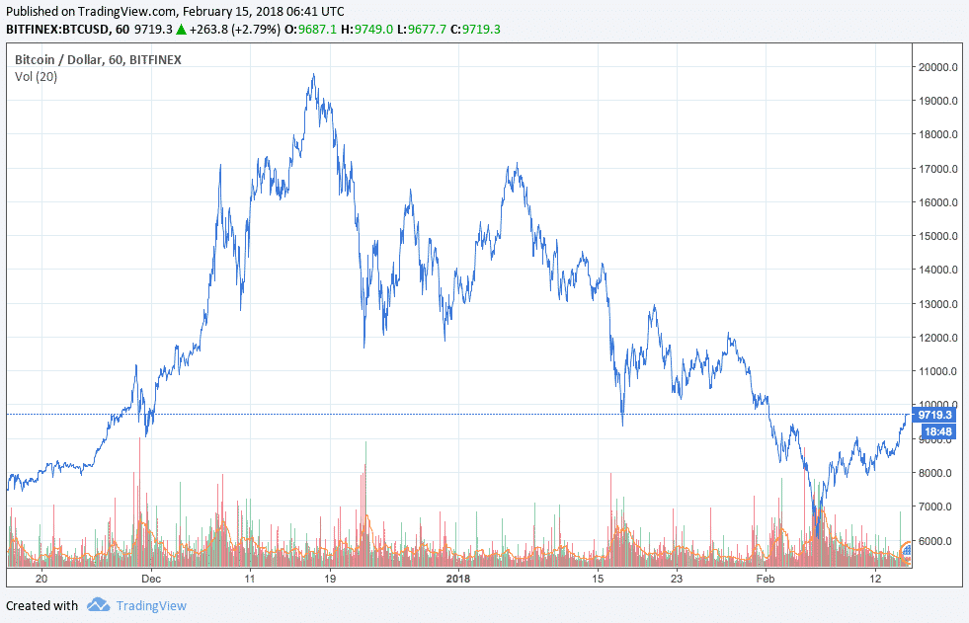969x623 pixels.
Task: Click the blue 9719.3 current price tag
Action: coord(934,416)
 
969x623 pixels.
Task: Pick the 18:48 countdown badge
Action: coord(934,431)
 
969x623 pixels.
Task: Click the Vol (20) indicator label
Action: coord(36,77)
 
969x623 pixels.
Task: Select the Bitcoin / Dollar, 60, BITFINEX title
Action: coord(98,60)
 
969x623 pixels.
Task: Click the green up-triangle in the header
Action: coord(183,29)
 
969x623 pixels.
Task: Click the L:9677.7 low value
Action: coord(425,29)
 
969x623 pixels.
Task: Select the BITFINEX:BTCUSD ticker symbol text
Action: coord(55,29)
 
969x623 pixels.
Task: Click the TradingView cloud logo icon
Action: coord(97,605)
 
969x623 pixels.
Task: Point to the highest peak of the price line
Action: coord(313,75)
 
